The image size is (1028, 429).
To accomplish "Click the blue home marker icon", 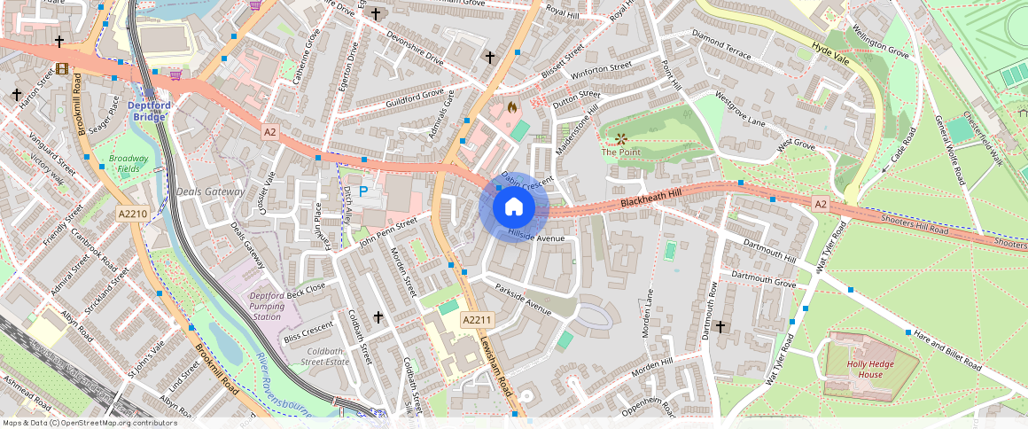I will [514, 207].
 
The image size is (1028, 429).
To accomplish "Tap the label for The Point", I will [620, 152].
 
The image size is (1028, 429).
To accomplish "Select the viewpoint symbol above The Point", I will [621, 137].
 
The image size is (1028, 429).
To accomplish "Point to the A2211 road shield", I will [477, 319].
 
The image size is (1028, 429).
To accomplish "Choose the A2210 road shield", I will [134, 214].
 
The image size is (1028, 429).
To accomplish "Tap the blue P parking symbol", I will [363, 191].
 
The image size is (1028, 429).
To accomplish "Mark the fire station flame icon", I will [511, 106].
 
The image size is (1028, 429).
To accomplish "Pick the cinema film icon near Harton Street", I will [60, 68].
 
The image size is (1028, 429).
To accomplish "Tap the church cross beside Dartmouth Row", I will [720, 327].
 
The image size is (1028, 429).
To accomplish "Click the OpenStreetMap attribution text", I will [90, 423].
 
